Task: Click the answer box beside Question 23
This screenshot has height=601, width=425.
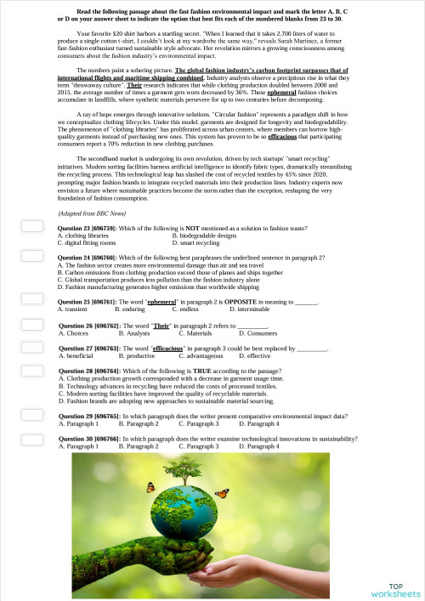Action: point(31,227)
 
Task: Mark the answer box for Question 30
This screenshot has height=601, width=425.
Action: point(31,439)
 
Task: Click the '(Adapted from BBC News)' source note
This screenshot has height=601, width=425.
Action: point(92,213)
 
